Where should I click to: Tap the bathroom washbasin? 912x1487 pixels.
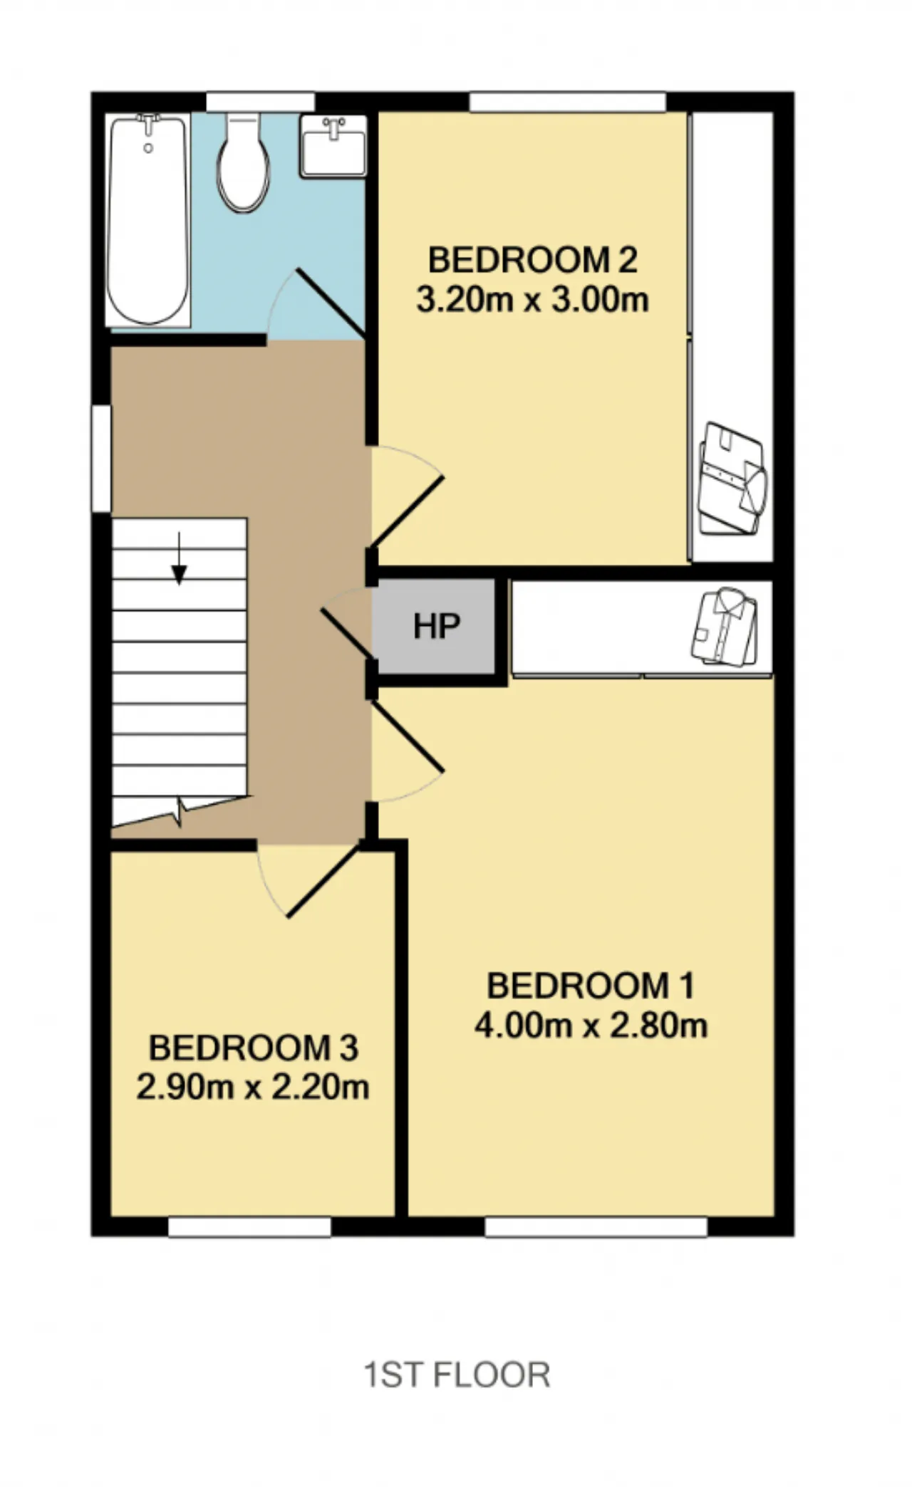(333, 146)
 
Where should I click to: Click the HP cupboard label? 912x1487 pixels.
(437, 626)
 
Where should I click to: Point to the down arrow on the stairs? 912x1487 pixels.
(179, 558)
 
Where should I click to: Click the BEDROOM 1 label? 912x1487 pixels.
(590, 986)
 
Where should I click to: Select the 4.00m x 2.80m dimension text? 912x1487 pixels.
(591, 1026)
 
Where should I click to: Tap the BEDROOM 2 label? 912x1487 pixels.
(532, 260)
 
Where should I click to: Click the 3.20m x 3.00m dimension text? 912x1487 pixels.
(532, 301)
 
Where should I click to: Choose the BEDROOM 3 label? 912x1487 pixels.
(253, 1048)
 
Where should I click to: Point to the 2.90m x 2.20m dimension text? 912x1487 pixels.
(253, 1087)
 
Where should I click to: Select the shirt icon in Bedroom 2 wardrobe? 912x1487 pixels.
(732, 478)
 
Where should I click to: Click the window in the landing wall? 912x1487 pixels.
(101, 459)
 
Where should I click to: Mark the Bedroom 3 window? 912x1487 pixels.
(249, 1227)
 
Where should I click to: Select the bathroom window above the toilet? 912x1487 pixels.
(261, 102)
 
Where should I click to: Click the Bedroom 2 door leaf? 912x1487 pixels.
(407, 513)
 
